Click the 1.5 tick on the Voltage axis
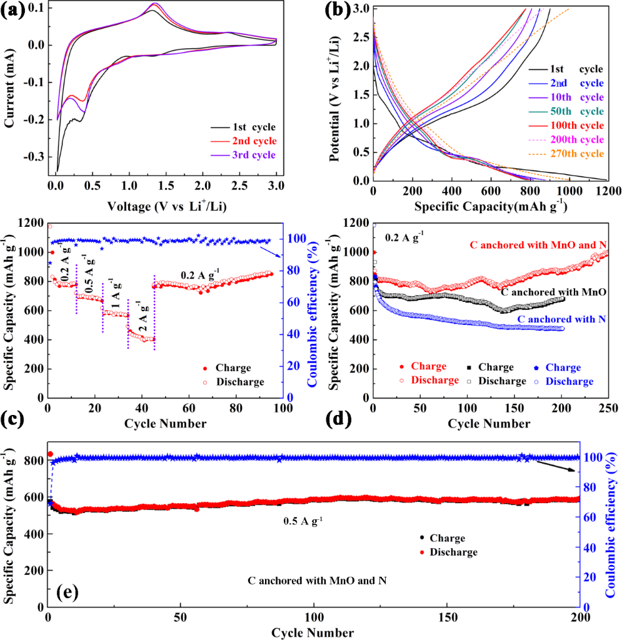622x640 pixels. [166, 186]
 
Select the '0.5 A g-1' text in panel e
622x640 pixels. [303, 520]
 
